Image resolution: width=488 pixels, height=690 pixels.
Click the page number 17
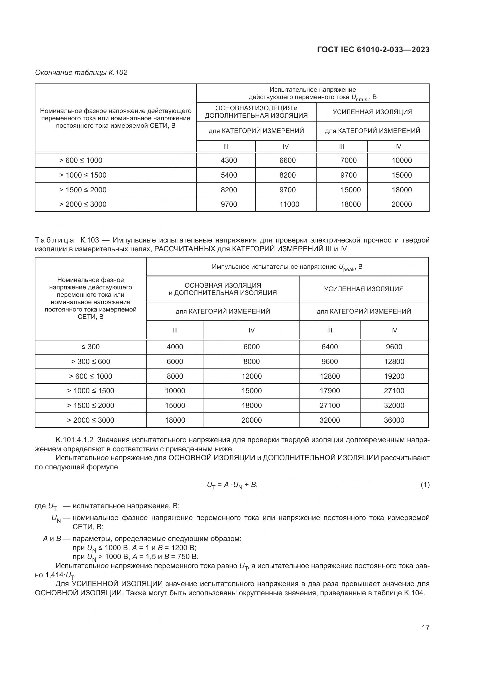[x=425, y=627]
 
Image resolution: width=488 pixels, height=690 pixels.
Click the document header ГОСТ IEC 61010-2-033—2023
[x=373, y=50]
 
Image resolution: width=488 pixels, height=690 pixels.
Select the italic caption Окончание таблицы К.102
[x=81, y=73]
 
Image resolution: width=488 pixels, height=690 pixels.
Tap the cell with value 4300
[x=229, y=160]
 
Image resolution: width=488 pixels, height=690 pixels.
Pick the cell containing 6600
[x=287, y=160]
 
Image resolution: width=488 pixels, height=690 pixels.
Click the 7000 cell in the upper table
[x=348, y=160]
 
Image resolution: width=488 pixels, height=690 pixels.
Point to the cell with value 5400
[x=229, y=175]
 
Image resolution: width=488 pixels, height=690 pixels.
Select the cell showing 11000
[x=289, y=204]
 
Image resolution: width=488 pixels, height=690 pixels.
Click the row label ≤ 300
[x=91, y=347]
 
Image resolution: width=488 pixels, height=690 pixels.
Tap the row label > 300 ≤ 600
[x=91, y=362]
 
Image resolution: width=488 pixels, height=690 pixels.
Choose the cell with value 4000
[x=175, y=347]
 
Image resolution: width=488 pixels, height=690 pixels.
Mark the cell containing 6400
[x=330, y=347]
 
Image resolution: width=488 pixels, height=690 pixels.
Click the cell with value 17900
[x=330, y=391]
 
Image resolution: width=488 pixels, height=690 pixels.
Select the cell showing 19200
[x=394, y=376]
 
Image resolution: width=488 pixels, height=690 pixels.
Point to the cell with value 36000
[x=394, y=420]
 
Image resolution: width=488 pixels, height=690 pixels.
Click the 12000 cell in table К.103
[x=251, y=376]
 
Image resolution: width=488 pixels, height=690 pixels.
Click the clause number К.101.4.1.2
[x=75, y=440]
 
